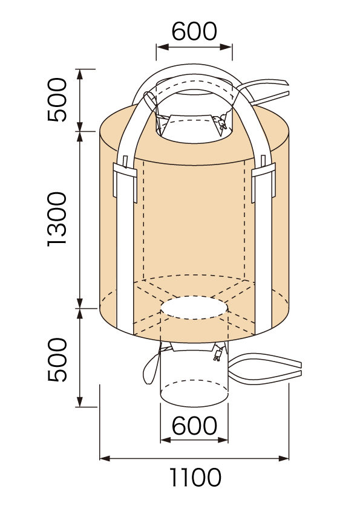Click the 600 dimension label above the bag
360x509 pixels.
(194, 31)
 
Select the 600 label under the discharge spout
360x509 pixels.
(194, 426)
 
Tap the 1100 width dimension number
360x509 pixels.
(195, 477)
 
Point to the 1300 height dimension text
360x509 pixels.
(57, 219)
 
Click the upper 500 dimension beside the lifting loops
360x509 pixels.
(57, 100)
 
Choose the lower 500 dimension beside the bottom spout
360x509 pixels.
(57, 360)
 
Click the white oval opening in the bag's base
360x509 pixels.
(194, 308)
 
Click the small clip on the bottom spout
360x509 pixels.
(217, 354)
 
